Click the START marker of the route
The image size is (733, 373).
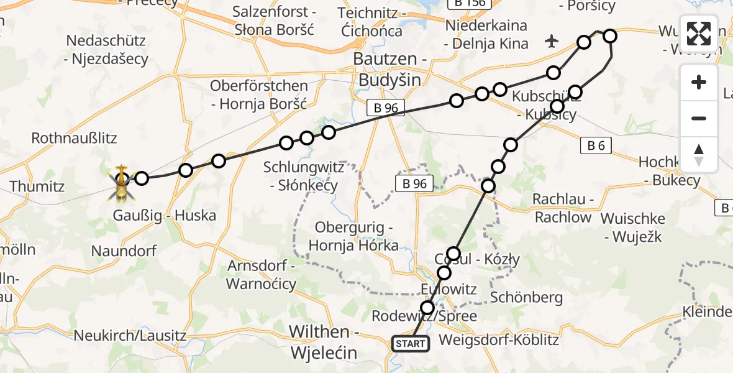pos(410,344)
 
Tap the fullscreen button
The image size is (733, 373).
pos(699,34)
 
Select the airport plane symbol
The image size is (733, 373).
pos(551,42)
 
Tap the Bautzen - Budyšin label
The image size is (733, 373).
pos(388,70)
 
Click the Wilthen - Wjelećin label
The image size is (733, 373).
pos(324,342)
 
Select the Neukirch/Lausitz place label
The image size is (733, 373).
pos(130,336)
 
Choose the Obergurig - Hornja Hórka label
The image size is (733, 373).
pos(357,236)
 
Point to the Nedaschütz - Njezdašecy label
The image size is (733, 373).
pos(107,50)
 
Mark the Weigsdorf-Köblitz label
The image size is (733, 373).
pos(498,341)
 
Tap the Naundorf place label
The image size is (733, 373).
pos(124,251)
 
